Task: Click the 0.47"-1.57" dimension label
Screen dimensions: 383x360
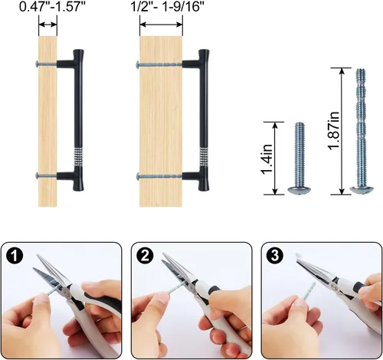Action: pyautogui.click(x=52, y=6)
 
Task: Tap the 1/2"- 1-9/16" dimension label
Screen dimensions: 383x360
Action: pyautogui.click(x=168, y=6)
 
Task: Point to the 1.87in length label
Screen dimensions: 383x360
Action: pyautogui.click(x=333, y=131)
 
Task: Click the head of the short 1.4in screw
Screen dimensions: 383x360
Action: pyautogui.click(x=300, y=190)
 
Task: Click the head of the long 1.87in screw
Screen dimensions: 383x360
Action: pyautogui.click(x=362, y=190)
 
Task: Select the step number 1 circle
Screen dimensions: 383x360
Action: pyautogui.click(x=15, y=256)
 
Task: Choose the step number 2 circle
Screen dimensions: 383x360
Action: pyautogui.click(x=145, y=256)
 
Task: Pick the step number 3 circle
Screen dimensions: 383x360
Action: pyautogui.click(x=275, y=256)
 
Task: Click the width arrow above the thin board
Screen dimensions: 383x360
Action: pyautogui.click(x=47, y=25)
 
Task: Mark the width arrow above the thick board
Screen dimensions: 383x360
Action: pyautogui.click(x=161, y=25)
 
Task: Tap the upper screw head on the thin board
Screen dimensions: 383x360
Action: pyautogui.click(x=37, y=64)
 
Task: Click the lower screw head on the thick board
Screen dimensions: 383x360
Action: pyautogui.click(x=138, y=176)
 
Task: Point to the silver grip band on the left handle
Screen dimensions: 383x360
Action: pyautogui.click(x=79, y=157)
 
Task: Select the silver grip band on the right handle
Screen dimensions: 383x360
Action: pyautogui.click(x=204, y=157)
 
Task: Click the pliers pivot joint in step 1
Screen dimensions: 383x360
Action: pyautogui.click(x=67, y=293)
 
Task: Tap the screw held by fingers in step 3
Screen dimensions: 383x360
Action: pyautogui.click(x=309, y=292)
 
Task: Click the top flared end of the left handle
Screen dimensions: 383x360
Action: pyautogui.click(x=78, y=54)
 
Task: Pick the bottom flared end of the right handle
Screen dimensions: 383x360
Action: pyautogui.click(x=204, y=182)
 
